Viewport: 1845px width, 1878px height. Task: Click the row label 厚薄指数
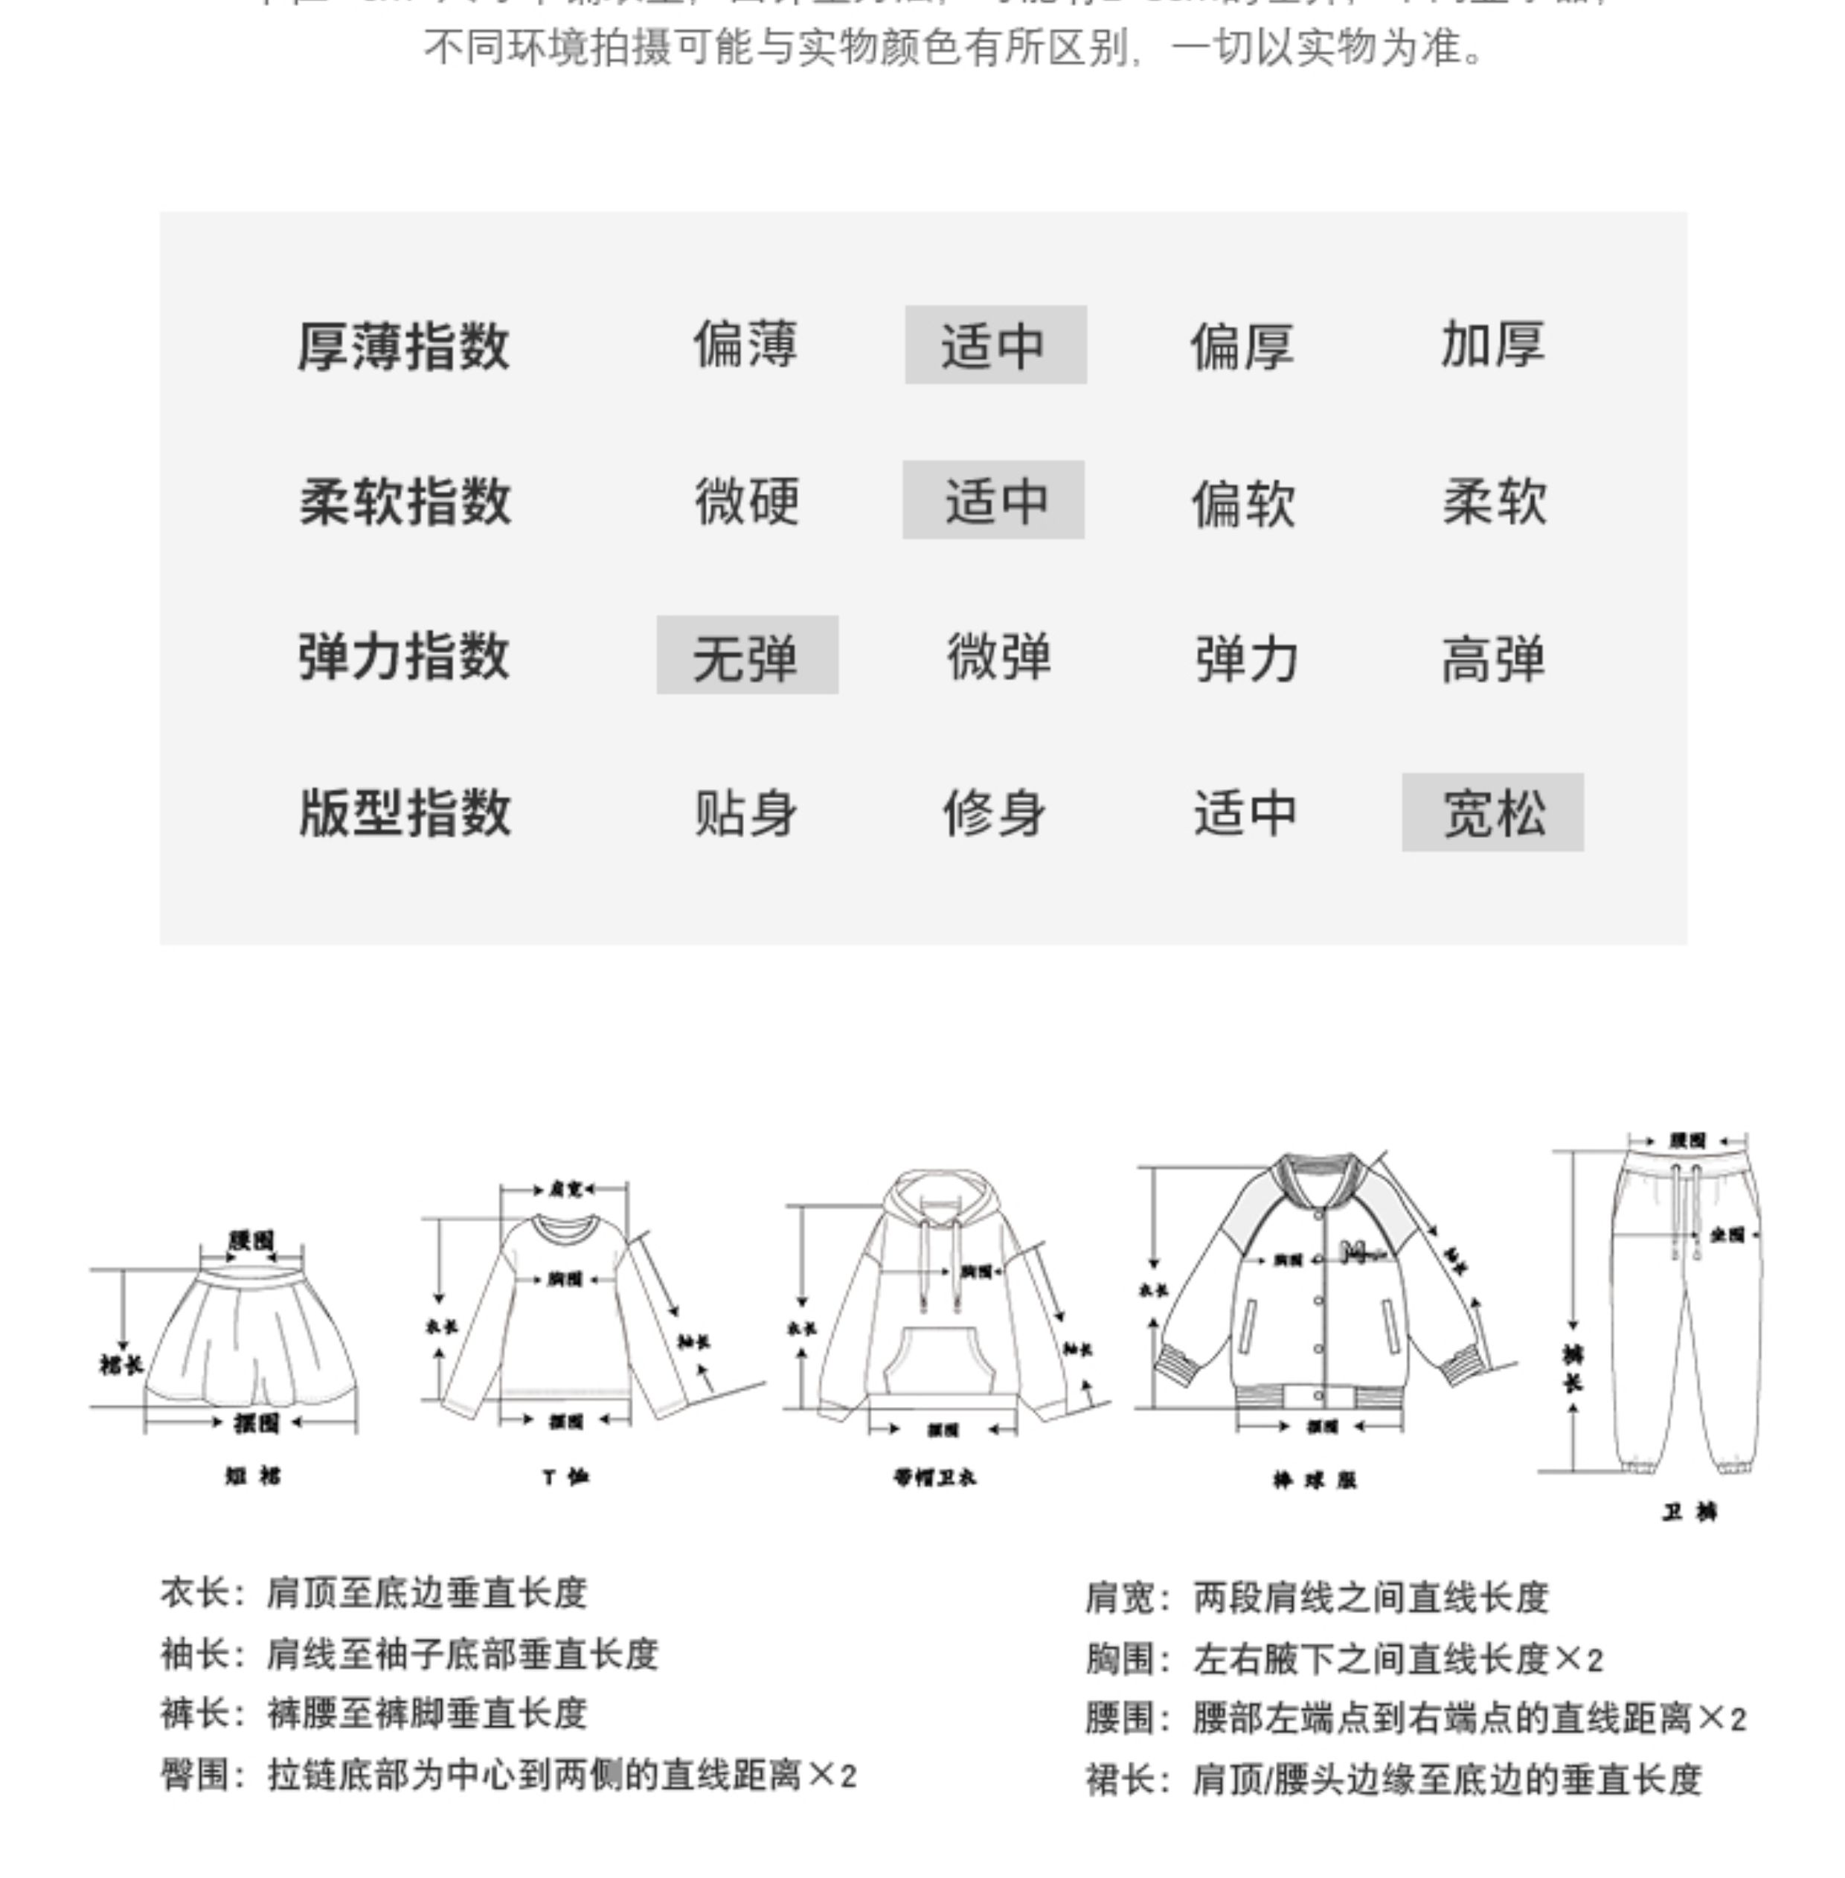403,346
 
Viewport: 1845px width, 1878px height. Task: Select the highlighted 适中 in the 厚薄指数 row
995,346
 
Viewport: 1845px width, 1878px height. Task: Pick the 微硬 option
747,501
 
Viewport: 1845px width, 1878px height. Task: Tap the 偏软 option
1243,503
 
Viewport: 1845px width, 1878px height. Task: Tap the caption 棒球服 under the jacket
1314,1480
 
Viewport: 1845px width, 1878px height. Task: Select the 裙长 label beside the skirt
121,1365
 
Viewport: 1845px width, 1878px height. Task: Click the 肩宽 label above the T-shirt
565,1188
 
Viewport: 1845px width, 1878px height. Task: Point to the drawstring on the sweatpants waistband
1686,1211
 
